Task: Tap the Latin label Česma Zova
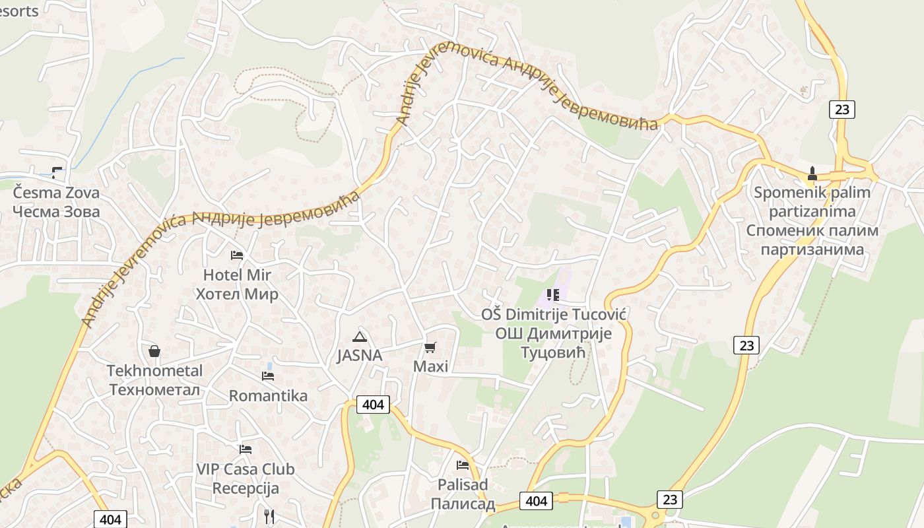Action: point(57,193)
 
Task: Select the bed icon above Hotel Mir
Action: point(237,255)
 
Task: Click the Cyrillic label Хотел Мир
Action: point(237,294)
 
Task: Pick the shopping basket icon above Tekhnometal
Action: point(154,351)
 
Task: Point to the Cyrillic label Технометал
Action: point(154,389)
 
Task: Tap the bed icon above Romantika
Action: point(268,376)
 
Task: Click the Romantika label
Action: point(268,396)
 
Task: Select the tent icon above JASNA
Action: point(359,337)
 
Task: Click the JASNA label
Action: point(359,355)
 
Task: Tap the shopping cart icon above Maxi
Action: point(430,347)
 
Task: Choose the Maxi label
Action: point(430,366)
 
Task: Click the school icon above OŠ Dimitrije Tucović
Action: point(553,295)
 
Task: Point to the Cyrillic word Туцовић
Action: point(554,352)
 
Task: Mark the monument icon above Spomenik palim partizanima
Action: point(812,174)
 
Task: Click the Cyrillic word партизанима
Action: point(812,249)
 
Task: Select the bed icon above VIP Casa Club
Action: point(246,449)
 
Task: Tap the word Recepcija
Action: point(246,488)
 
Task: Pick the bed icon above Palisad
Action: point(463,465)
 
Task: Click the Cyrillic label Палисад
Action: point(463,504)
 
